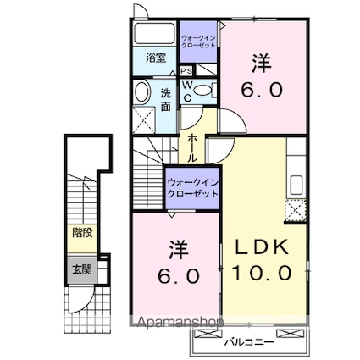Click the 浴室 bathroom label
coord(154,58)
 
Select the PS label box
coord(185,71)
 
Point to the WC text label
coord(186,91)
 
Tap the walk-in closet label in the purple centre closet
coord(193,187)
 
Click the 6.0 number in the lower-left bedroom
coord(177,275)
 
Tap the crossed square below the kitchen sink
coord(296,213)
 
